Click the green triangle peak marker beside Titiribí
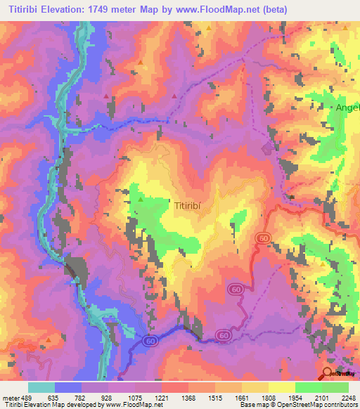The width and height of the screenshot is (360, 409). click(140, 200)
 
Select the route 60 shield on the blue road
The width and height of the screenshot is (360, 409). click(149, 340)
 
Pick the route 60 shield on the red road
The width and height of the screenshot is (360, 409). click(236, 288)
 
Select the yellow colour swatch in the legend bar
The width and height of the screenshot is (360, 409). click(282, 388)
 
